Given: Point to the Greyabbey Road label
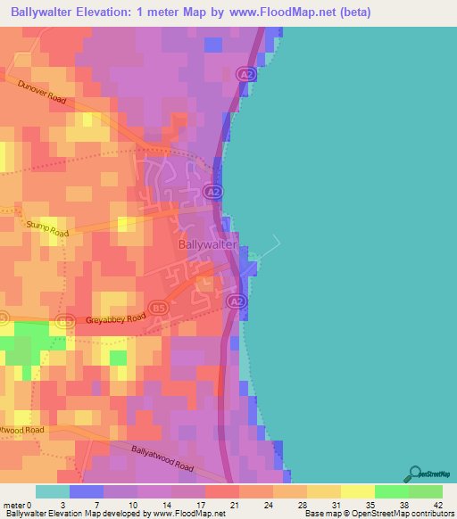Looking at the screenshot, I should point(115,318).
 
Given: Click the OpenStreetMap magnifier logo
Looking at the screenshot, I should point(413,473).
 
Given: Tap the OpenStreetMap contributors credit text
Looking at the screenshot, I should point(406,514).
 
